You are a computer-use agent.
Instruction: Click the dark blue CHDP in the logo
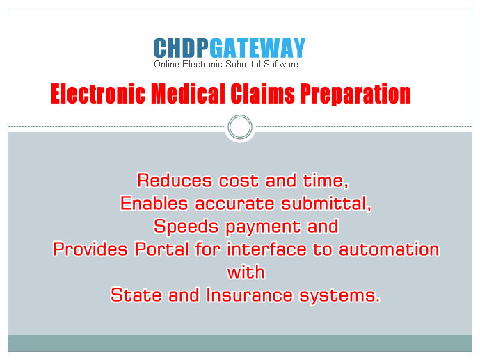(x=182, y=48)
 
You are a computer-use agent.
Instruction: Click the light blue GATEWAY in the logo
(x=258, y=48)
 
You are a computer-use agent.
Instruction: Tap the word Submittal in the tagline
(x=243, y=64)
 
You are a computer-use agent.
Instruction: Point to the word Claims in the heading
(x=262, y=94)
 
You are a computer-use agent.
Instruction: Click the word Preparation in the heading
(x=355, y=95)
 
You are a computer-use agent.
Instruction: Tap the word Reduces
(x=175, y=180)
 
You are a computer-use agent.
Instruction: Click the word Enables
(x=154, y=203)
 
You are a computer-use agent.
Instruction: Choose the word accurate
(x=235, y=204)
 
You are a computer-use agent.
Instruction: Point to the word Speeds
(x=186, y=227)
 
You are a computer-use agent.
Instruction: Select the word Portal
(x=162, y=249)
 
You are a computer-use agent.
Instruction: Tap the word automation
(x=389, y=249)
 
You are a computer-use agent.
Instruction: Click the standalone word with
(x=246, y=272)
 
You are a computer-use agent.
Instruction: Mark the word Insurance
(x=249, y=295)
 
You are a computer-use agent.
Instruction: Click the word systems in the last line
(x=339, y=296)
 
